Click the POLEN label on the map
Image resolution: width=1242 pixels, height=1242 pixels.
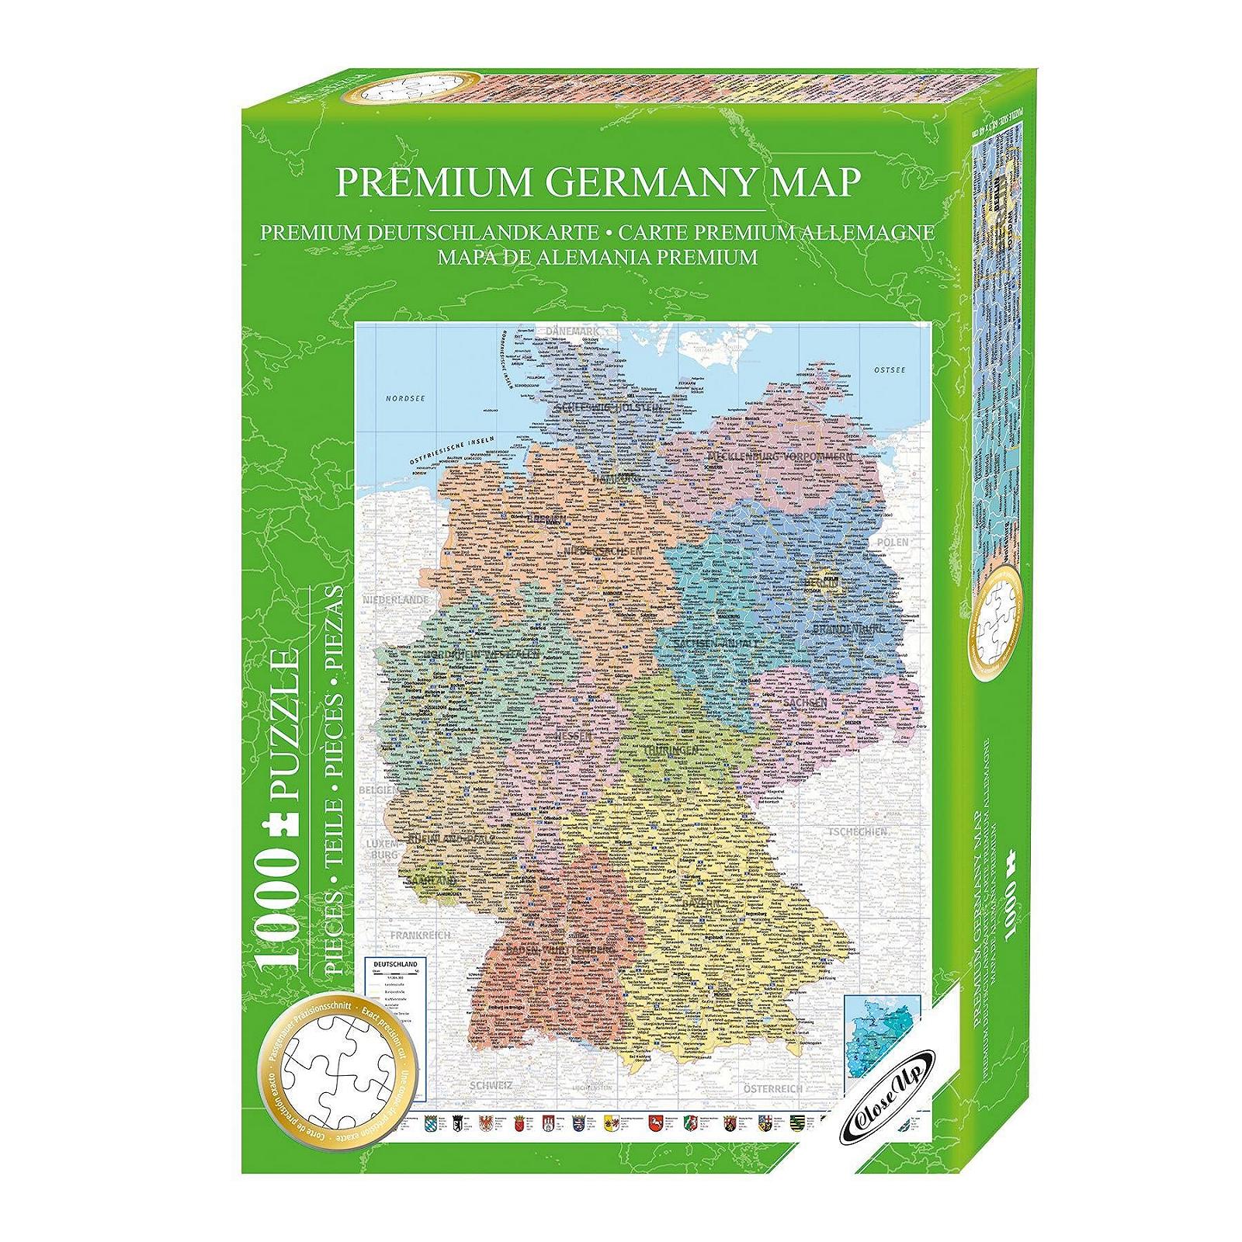coord(892,542)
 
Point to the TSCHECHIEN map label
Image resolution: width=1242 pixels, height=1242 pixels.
coord(857,831)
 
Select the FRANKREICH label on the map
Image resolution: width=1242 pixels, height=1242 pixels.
coord(420,935)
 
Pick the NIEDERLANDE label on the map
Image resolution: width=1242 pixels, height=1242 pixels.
coord(394,600)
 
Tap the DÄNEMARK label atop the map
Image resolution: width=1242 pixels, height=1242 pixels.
coord(574,331)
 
